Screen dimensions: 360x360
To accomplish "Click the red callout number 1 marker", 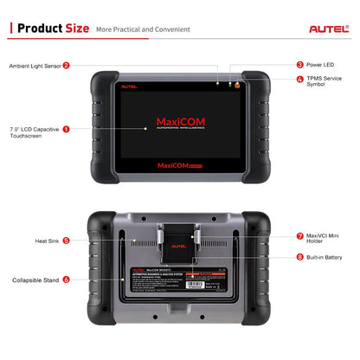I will coord(66,129).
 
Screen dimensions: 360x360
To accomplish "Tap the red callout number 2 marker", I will coord(66,65).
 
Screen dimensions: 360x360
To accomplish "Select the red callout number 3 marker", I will coord(299,64).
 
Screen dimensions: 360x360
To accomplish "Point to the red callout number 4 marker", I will coord(299,80).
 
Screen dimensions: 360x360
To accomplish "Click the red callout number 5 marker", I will coord(66,241).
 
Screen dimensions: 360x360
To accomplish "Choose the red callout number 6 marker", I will coord(66,280).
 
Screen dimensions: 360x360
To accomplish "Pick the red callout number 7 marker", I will coord(299,236).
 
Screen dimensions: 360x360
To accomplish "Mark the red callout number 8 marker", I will coord(299,257).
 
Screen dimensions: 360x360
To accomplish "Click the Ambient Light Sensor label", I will coord(34,65).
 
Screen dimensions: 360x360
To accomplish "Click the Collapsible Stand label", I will coord(35,280).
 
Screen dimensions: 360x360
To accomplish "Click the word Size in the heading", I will coord(74,28).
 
